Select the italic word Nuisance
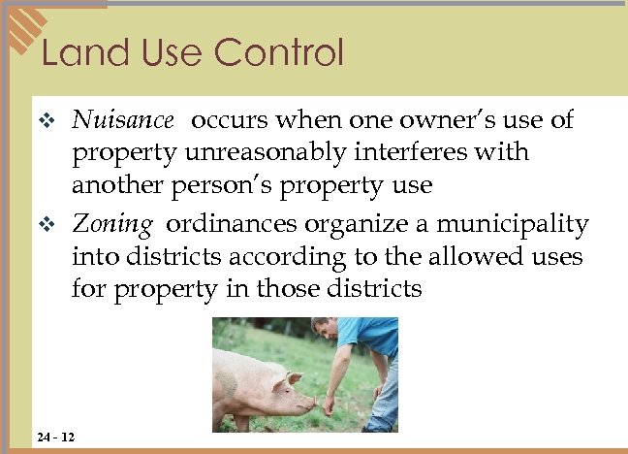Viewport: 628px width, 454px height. click(x=123, y=120)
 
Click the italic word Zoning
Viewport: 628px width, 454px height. click(x=112, y=226)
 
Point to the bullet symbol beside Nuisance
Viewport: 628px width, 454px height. click(x=54, y=121)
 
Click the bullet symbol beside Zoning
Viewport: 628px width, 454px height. click(x=54, y=227)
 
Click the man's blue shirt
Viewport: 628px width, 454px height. click(x=372, y=336)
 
